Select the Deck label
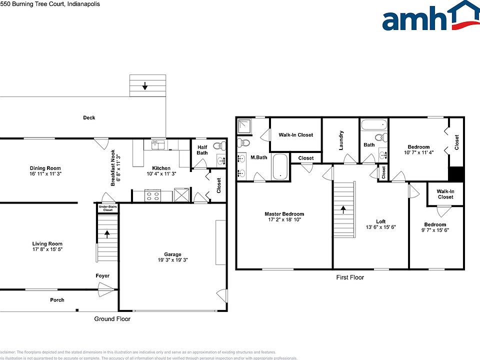[x=89, y=118]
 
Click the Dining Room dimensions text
[x=45, y=174]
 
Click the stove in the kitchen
[x=151, y=195]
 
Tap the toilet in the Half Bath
[x=217, y=146]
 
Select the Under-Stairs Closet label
[x=107, y=208]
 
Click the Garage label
[x=172, y=254]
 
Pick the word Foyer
[x=102, y=276]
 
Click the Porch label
[x=57, y=300]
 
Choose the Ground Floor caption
[x=112, y=318]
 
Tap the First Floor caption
[x=350, y=277]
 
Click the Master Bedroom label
[x=284, y=214]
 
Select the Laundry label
[x=341, y=140]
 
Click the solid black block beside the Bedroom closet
[x=456, y=174]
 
